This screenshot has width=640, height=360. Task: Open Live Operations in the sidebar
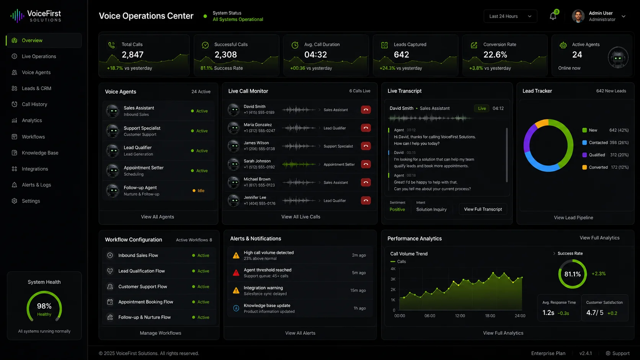(39, 56)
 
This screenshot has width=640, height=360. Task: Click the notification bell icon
(553, 16)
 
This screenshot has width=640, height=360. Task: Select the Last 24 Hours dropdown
(510, 16)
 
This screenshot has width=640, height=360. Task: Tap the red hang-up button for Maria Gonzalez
(366, 128)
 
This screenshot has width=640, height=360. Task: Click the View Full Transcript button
(483, 209)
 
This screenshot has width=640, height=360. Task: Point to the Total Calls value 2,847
(132, 55)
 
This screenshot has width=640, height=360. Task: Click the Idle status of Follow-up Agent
(201, 191)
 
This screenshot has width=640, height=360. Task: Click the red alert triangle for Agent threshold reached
(236, 273)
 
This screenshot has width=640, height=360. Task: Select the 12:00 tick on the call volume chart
(460, 316)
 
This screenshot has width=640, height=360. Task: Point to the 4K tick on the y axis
(393, 269)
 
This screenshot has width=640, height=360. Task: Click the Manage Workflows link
(160, 333)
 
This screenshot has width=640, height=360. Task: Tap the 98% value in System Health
(44, 306)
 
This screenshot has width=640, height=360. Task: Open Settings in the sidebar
(31, 201)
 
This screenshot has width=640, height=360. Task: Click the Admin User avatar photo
(578, 16)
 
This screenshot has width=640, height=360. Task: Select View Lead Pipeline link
(573, 218)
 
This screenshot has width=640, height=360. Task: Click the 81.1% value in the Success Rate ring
(573, 274)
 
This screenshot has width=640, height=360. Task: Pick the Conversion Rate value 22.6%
(495, 55)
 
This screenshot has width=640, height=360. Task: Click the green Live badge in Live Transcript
(482, 109)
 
